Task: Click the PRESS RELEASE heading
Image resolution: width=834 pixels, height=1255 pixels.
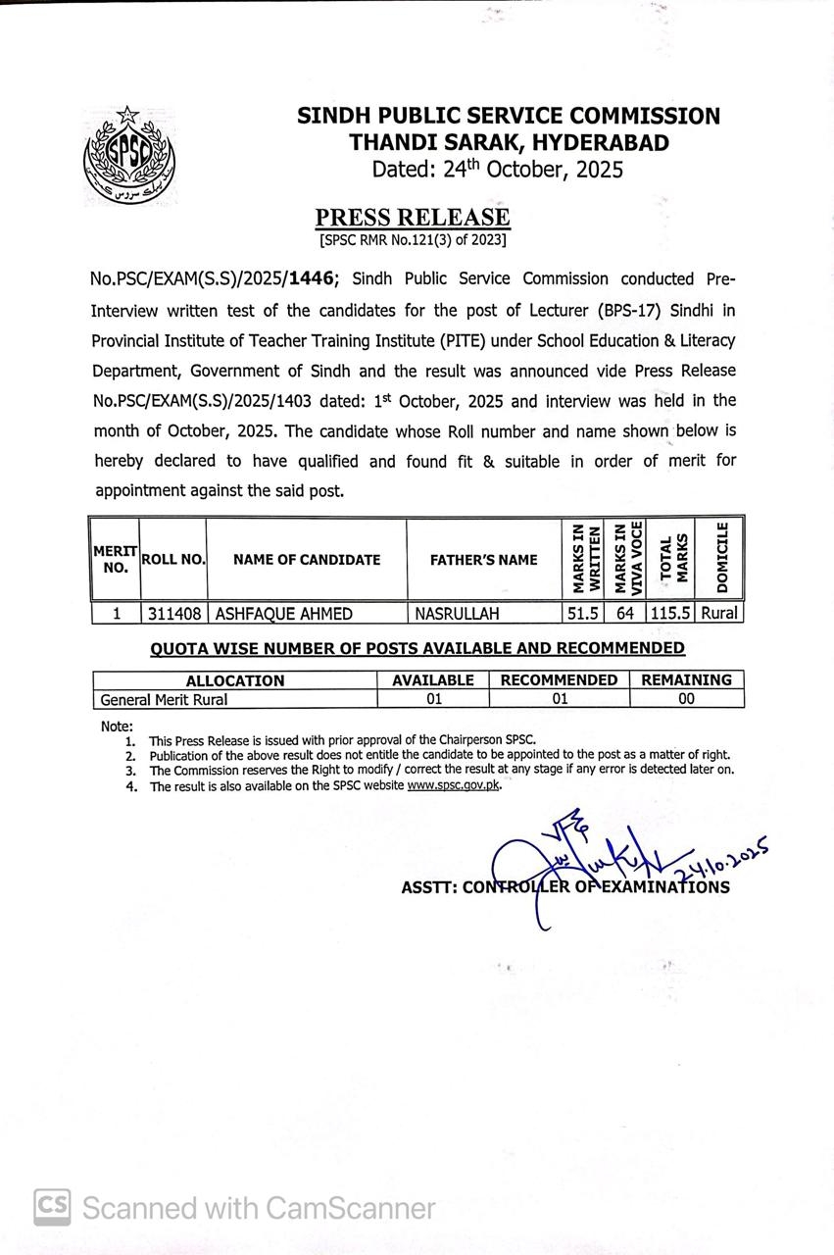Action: [x=413, y=217]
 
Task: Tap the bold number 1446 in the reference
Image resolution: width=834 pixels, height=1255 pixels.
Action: [x=313, y=279]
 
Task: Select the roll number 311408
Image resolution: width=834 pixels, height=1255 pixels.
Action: [x=174, y=614]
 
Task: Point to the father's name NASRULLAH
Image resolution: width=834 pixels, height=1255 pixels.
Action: [x=457, y=614]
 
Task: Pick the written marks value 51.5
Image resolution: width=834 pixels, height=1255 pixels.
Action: [x=582, y=614]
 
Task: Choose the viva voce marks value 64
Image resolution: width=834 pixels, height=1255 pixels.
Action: [x=625, y=614]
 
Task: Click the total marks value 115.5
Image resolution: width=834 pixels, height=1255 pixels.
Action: [x=669, y=614]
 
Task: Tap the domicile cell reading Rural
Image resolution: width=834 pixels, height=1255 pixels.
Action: [x=719, y=614]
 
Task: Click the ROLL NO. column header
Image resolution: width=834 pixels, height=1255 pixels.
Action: [x=173, y=560]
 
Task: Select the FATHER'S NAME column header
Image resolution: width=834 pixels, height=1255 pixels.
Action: [x=483, y=560]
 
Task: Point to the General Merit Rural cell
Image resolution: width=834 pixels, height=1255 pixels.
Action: [x=164, y=699]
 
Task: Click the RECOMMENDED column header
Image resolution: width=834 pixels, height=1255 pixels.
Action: [x=559, y=680]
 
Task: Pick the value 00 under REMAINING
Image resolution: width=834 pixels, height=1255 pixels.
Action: [x=686, y=699]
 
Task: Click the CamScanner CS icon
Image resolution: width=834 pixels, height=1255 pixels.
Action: [x=52, y=1207]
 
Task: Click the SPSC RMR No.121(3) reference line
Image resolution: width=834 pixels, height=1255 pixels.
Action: [x=413, y=239]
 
